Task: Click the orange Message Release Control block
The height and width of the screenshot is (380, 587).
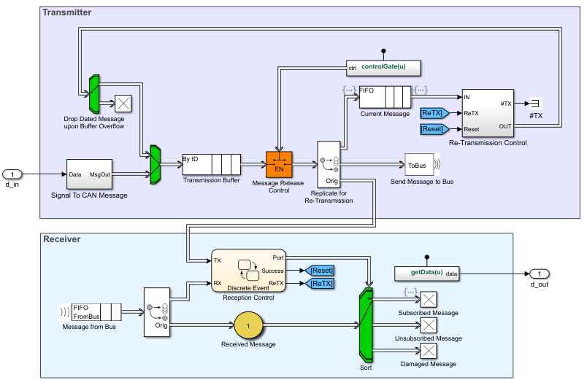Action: tap(278, 164)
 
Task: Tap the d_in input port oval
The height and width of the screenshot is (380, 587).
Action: tap(14, 174)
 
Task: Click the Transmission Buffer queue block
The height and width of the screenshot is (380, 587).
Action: tap(211, 164)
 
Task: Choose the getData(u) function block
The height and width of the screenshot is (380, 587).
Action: tap(427, 273)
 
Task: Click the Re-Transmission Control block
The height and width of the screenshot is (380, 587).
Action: tap(488, 113)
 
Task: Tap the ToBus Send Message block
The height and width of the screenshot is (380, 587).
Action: tap(419, 164)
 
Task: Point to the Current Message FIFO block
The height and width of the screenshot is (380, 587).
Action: tap(386, 97)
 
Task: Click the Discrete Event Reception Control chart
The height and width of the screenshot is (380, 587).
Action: tap(248, 271)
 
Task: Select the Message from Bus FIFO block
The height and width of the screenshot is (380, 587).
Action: tap(96, 312)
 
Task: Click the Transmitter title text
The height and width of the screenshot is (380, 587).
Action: tap(67, 12)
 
